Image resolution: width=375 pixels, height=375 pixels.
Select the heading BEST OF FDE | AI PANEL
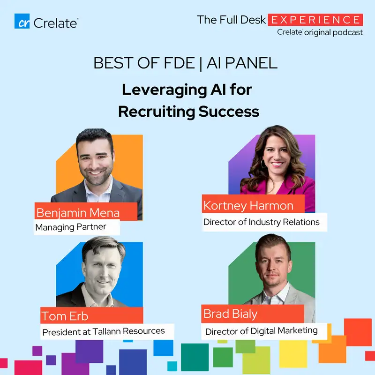[186, 63]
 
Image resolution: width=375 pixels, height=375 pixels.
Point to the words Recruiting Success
[188, 112]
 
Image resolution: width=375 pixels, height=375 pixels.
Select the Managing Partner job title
[71, 227]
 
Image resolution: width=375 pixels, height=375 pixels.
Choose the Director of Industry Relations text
[261, 222]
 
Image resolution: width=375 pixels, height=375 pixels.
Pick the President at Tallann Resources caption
[104, 331]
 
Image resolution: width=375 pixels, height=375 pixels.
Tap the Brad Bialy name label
[230, 314]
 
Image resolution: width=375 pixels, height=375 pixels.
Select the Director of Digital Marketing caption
[261, 331]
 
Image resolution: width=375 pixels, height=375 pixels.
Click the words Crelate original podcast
[320, 32]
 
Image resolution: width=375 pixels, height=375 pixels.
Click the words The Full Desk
[232, 20]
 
